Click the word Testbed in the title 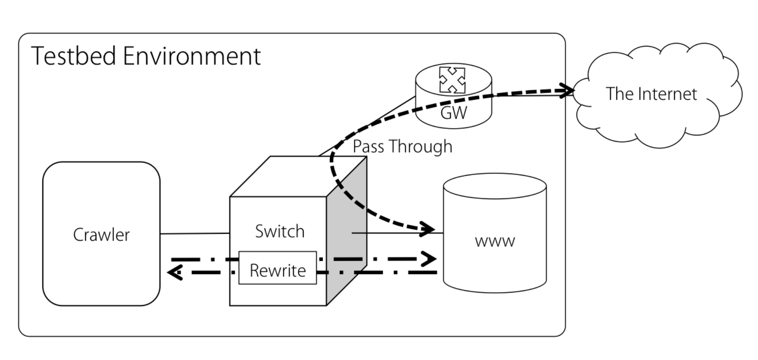point(73,56)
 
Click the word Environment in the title point(192,56)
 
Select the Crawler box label point(101,235)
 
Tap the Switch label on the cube point(280,232)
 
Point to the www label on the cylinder point(495,241)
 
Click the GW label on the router point(453,113)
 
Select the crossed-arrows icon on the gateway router point(452,80)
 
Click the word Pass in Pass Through point(368,146)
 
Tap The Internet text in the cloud point(651,94)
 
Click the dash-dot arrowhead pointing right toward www point(430,259)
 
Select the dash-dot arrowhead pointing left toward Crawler point(175,273)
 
